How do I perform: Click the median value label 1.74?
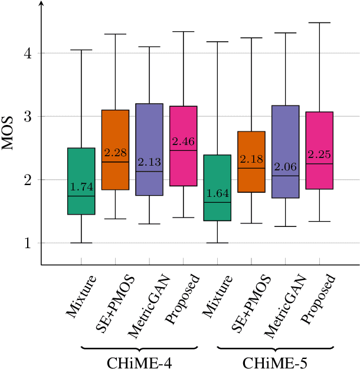[x=81, y=187]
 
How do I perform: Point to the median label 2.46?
[x=184, y=142]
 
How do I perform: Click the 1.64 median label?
[x=217, y=194]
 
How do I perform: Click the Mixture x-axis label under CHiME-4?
[x=81, y=295]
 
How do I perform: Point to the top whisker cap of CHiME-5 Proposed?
[x=319, y=22]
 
